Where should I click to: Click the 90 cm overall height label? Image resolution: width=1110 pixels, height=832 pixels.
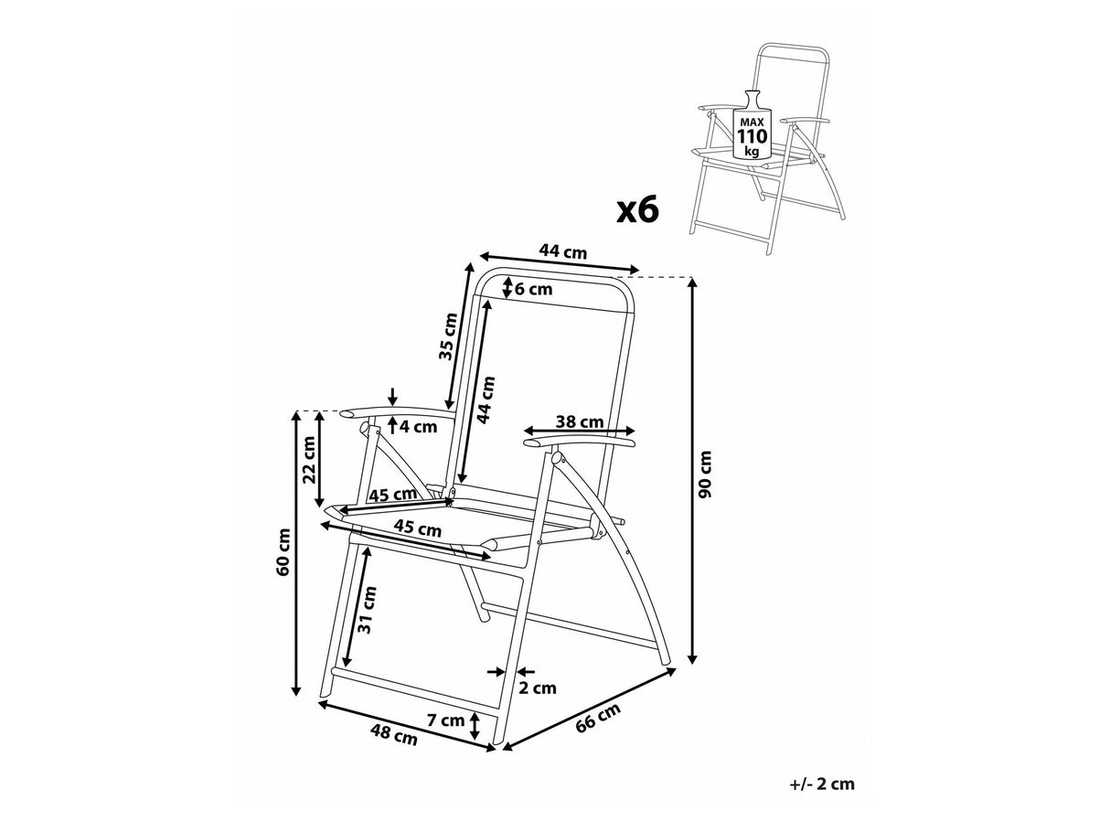click(705, 475)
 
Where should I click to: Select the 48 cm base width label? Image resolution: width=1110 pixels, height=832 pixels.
click(394, 734)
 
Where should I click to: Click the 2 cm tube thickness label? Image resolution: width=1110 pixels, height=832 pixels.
click(537, 688)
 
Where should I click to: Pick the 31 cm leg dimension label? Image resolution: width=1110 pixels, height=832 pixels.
click(367, 610)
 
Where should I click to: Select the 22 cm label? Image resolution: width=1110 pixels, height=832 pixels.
click(308, 460)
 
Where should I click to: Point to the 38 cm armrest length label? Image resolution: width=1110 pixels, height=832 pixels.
click(580, 421)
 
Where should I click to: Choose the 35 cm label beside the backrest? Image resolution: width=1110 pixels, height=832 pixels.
click(447, 337)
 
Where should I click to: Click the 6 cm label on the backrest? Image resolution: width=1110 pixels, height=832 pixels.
click(533, 289)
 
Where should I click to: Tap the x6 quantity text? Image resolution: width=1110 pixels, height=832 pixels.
click(637, 210)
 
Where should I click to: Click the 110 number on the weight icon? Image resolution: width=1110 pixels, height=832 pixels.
click(752, 137)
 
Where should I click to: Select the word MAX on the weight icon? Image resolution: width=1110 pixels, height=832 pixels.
click(752, 121)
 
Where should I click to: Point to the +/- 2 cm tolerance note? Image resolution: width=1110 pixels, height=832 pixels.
click(821, 784)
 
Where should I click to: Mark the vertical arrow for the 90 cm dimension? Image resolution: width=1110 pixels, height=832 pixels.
click(693, 471)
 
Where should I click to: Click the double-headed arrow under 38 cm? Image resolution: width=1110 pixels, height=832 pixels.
click(580, 432)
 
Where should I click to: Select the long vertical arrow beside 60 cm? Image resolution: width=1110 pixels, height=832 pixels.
click(296, 553)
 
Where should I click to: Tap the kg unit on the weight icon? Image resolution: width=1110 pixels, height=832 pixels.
click(752, 152)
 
